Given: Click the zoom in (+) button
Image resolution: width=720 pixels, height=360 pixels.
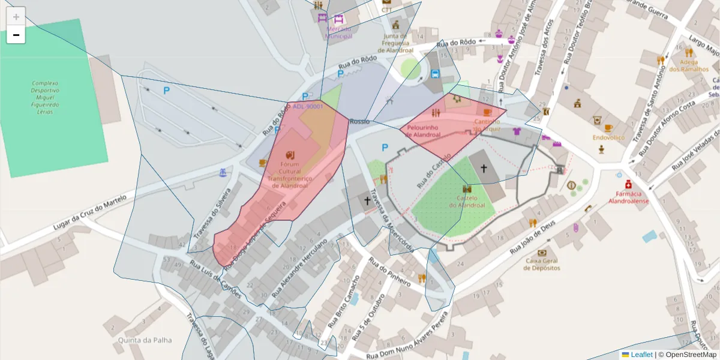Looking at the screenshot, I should (16, 16).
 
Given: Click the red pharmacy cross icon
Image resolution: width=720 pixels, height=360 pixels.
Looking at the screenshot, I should (628, 184).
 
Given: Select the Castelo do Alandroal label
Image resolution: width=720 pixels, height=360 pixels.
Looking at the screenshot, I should (467, 202).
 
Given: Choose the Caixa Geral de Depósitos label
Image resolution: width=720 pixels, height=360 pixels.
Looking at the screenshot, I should (542, 264).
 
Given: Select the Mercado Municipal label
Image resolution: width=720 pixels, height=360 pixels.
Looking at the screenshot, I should (338, 32).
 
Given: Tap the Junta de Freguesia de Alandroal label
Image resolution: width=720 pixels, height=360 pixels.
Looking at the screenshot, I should (396, 43).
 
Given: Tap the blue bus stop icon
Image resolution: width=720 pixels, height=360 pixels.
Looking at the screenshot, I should (436, 74).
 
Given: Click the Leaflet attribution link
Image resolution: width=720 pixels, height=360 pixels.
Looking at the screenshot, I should (641, 355).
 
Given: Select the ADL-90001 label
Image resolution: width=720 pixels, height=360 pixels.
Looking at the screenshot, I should (308, 107).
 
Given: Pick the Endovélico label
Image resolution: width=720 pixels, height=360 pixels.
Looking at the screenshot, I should (608, 137).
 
